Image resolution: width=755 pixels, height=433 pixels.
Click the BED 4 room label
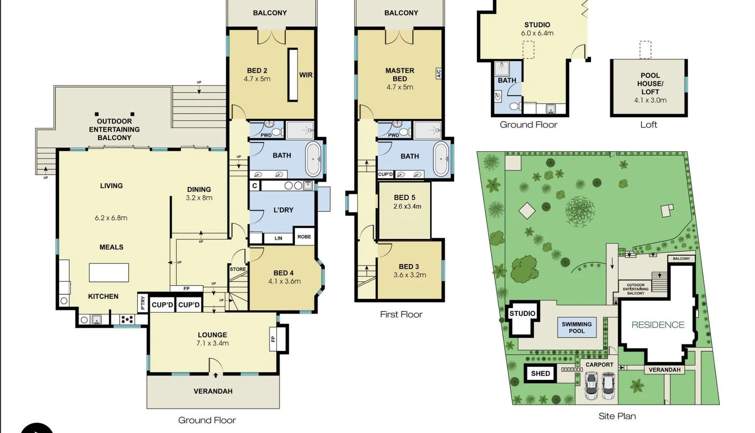click(x=284, y=273)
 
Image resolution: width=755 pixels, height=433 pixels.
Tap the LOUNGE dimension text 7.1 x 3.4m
click(x=212, y=343)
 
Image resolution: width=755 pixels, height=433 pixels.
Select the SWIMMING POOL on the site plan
click(x=576, y=328)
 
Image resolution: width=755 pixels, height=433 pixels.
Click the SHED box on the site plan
click(x=540, y=374)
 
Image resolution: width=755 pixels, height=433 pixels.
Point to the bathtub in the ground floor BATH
click(x=313, y=159)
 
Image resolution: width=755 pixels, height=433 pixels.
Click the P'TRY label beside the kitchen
click(x=143, y=303)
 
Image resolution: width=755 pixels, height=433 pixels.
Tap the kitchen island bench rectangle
click(x=109, y=272)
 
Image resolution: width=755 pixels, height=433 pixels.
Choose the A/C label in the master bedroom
click(x=439, y=73)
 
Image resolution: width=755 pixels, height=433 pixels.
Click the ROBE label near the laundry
click(x=304, y=237)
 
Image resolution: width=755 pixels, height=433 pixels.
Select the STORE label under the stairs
click(x=238, y=269)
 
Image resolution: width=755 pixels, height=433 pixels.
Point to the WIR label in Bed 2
click(x=306, y=75)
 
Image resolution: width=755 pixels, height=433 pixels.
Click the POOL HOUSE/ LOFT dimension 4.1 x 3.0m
click(x=650, y=100)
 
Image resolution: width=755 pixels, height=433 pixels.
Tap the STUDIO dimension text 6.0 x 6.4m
click(x=537, y=33)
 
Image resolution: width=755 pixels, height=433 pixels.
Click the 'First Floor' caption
click(x=401, y=315)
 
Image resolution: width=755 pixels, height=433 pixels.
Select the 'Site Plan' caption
click(x=617, y=416)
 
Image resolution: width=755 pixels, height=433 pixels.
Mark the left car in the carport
click(x=591, y=386)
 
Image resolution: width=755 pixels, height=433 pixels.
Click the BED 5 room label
click(x=405, y=198)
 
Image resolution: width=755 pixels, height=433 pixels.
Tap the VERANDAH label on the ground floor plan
click(x=213, y=391)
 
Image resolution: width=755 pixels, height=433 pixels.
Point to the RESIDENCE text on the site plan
click(x=658, y=325)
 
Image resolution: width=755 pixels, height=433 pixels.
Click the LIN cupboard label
click(x=278, y=238)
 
